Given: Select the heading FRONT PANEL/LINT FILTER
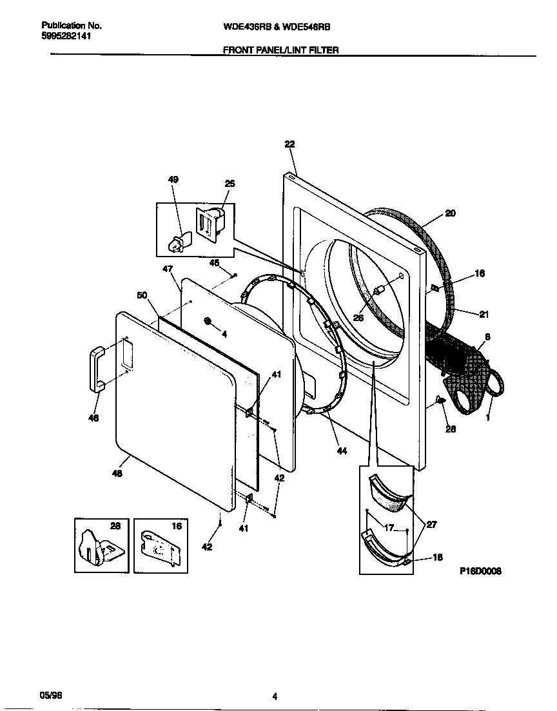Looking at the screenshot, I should click(280, 50).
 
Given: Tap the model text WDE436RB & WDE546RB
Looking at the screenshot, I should click(277, 27).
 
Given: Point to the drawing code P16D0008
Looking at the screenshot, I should click(480, 571).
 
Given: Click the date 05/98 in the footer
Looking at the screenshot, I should click(50, 696).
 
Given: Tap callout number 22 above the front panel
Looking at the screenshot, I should click(289, 145).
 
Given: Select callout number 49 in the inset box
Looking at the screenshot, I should click(173, 179).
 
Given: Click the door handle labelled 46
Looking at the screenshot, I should click(95, 367).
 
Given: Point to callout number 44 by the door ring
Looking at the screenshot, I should click(342, 451).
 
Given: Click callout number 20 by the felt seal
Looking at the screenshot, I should click(450, 213).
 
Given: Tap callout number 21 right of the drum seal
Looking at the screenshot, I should click(483, 314).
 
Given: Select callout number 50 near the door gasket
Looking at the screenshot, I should click(142, 295).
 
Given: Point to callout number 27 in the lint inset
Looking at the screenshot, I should click(431, 525).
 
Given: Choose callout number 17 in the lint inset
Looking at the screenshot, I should click(388, 528).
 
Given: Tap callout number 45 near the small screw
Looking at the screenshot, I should click(215, 262).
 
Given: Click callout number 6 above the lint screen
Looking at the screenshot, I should click(487, 336).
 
